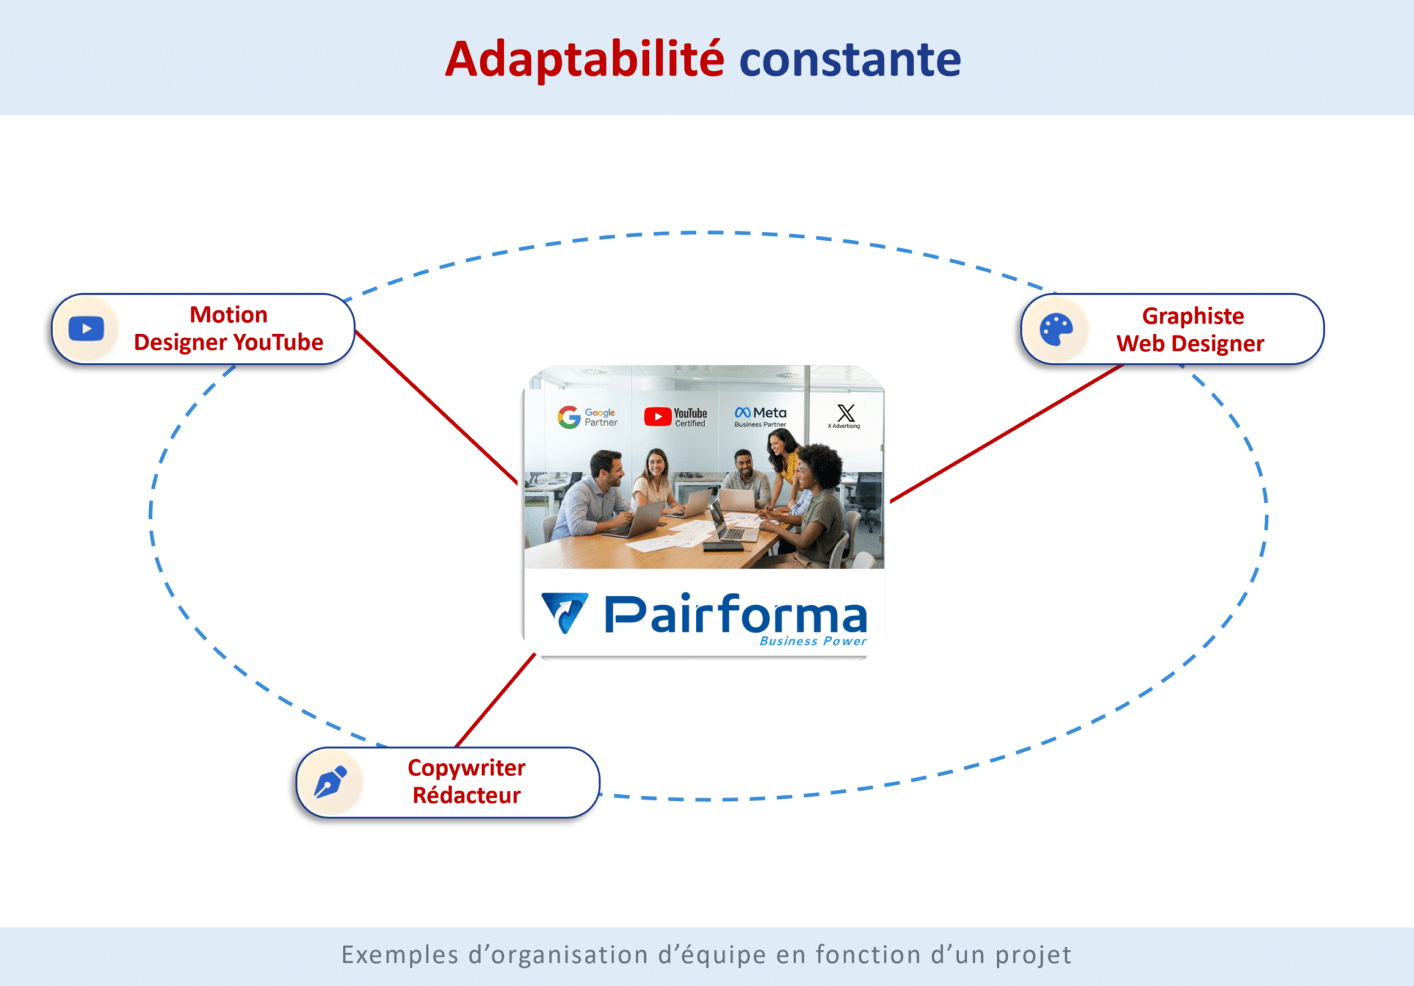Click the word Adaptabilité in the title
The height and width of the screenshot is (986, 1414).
coord(584,59)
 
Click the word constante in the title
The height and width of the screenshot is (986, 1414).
coord(850,59)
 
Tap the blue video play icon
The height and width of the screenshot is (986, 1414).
coord(86,329)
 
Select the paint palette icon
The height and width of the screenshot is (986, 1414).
coord(1056,330)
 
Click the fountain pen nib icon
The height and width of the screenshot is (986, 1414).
coord(331,782)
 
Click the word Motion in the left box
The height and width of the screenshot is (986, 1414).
coord(229,315)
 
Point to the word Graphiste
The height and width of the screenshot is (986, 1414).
coord(1192,316)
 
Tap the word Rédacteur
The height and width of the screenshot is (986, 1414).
coord(466,796)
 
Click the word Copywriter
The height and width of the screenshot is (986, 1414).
coord(466,767)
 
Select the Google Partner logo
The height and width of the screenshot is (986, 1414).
coord(587,417)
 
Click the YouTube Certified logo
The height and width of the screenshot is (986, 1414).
coord(675,417)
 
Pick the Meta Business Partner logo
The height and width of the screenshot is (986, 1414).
coord(760,416)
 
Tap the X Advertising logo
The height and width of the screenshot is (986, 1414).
coord(845,416)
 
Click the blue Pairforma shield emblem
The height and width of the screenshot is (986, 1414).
coord(565,611)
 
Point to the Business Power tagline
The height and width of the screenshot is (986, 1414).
coord(813,641)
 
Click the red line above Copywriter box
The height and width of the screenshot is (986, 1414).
coord(496,700)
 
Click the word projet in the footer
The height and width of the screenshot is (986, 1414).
coord(1033,955)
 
